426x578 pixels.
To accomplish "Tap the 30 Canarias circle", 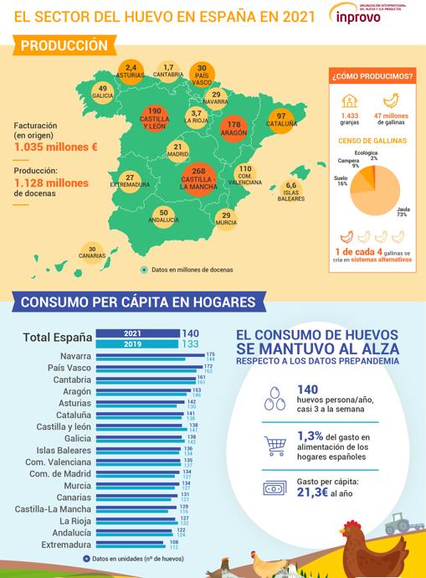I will [91, 253].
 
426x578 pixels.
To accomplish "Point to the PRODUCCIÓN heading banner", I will [64, 45].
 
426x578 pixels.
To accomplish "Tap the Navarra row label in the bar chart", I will [69, 355].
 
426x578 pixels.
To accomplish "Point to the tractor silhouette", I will [397, 526].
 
